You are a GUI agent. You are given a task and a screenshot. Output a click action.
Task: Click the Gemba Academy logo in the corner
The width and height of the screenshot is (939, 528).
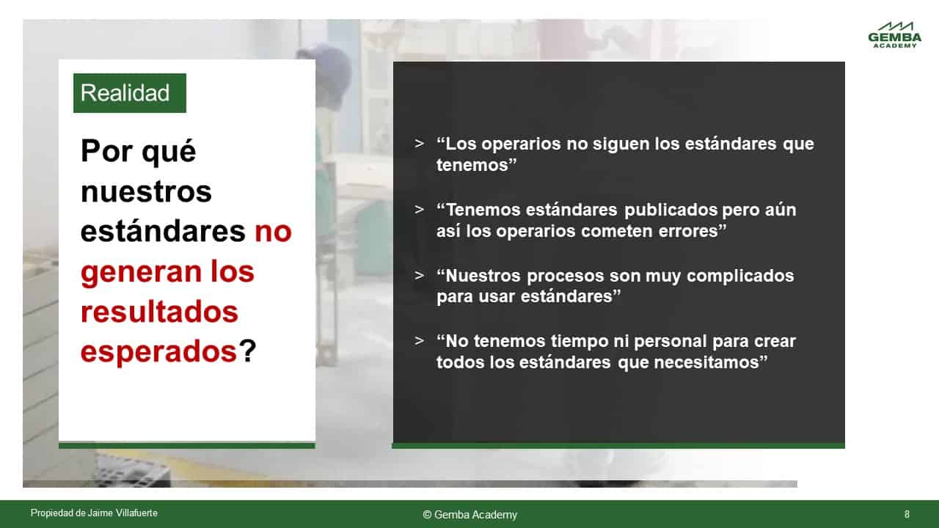pyautogui.click(x=894, y=34)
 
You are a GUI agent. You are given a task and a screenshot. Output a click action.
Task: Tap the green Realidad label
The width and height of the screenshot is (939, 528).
pyautogui.click(x=130, y=93)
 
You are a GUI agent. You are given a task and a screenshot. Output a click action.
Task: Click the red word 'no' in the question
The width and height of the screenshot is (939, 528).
pyautogui.click(x=273, y=231)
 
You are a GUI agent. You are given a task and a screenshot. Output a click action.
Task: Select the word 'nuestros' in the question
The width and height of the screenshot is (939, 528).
pyautogui.click(x=146, y=192)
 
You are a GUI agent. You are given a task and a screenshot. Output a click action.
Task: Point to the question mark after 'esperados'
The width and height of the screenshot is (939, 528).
pyautogui.click(x=247, y=351)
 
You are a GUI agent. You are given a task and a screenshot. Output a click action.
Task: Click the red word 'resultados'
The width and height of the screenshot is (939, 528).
pyautogui.click(x=159, y=312)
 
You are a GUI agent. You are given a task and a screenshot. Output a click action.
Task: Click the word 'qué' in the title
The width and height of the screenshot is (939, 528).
pyautogui.click(x=169, y=152)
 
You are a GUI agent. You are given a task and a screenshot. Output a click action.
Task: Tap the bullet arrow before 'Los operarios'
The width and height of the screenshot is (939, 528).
pyautogui.click(x=419, y=144)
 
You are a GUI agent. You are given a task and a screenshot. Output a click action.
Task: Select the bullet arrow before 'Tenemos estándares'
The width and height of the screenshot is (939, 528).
pyautogui.click(x=419, y=210)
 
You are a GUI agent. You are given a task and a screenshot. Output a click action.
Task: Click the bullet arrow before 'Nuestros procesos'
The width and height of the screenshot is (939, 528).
pyautogui.click(x=419, y=275)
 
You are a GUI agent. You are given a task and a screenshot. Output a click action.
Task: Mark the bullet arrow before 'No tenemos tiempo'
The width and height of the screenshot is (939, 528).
pyautogui.click(x=419, y=341)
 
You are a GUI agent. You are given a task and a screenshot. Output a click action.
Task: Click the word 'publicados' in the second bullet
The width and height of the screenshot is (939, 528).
pyautogui.click(x=671, y=210)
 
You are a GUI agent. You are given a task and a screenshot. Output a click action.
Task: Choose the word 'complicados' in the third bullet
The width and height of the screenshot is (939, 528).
pyautogui.click(x=740, y=276)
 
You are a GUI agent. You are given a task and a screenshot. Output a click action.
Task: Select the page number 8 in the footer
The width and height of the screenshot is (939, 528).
pyautogui.click(x=907, y=514)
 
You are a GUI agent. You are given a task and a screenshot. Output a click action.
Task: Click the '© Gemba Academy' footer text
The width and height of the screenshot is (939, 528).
pyautogui.click(x=470, y=515)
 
